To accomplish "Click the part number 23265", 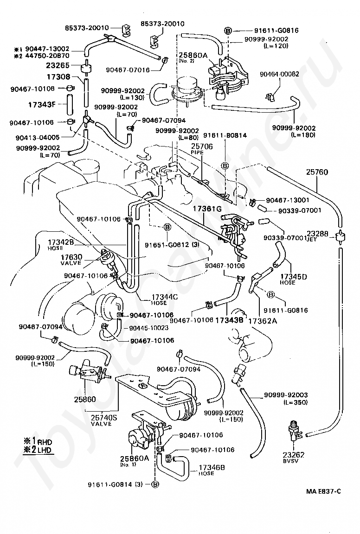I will tap(58, 65).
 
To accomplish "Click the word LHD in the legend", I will tap(46, 450).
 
